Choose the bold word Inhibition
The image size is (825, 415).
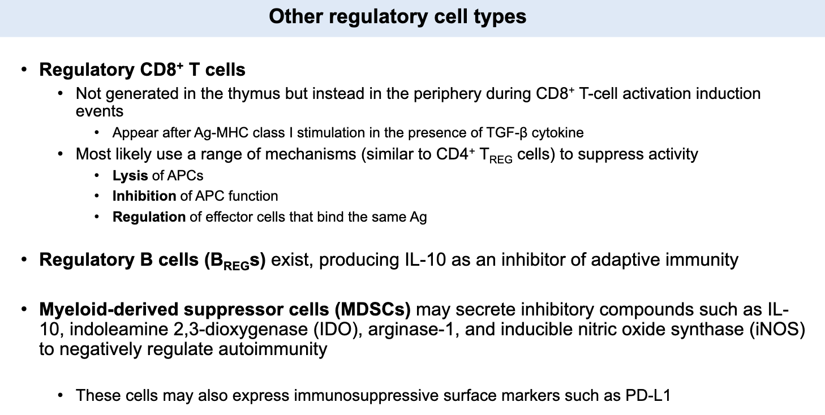click(144, 196)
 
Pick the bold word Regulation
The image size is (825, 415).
click(149, 217)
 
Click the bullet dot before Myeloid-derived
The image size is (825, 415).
click(24, 310)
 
